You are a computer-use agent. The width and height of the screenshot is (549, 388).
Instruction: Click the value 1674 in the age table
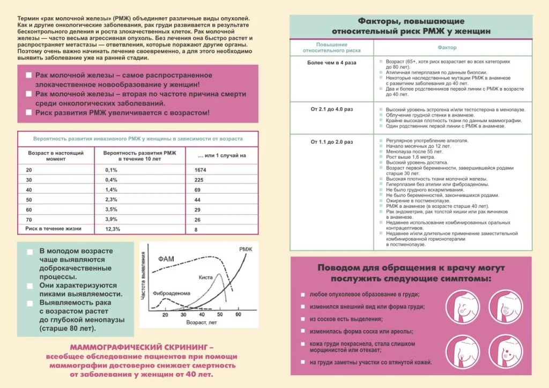tap(199, 170)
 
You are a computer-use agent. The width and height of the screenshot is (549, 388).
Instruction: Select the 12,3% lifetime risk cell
tap(113, 229)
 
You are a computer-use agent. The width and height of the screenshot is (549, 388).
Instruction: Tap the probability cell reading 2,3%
tap(111, 199)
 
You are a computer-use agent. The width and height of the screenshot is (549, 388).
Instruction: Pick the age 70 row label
tap(29, 219)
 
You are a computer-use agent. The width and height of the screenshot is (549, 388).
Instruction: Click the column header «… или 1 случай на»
tap(221, 155)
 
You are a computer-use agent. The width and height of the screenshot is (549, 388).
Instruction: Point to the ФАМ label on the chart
tap(166, 259)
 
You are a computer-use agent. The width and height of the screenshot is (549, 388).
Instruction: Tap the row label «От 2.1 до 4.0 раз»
tap(331, 109)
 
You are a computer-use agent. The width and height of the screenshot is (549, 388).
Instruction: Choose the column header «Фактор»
tap(447, 48)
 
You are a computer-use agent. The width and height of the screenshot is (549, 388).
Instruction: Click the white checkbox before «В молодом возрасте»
tap(29, 251)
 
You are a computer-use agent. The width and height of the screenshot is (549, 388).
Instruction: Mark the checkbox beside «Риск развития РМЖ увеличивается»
tap(28, 113)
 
